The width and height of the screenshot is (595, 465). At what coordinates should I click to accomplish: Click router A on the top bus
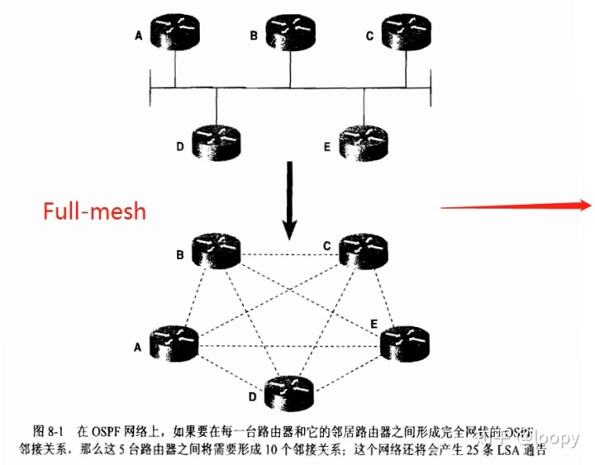pos(174,31)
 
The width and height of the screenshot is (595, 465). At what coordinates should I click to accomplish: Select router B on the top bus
pos(290,31)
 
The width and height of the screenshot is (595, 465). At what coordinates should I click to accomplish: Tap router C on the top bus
pos(406,31)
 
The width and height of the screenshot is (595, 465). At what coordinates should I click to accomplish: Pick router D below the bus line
pos(216,141)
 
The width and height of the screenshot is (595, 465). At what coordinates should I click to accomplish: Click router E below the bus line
pos(364,141)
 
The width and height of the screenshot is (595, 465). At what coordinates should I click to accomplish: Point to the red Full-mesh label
pos(94,211)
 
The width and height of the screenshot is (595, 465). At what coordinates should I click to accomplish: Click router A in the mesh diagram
pos(174,343)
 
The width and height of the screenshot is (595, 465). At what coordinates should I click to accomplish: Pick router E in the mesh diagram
pos(406,343)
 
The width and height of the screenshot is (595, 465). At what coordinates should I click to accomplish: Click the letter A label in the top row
pos(139,36)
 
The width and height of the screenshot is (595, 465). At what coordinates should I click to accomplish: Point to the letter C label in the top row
pos(371,36)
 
